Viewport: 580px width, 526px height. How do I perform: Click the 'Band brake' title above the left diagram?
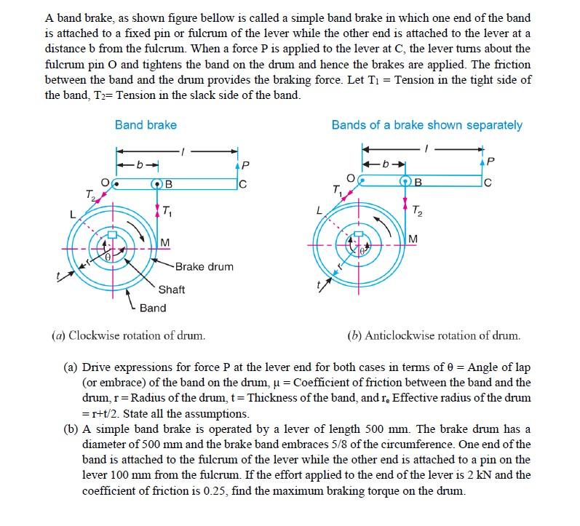(x=146, y=125)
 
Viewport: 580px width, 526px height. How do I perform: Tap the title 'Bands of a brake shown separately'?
(x=426, y=125)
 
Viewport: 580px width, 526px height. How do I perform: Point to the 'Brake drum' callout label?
(x=204, y=267)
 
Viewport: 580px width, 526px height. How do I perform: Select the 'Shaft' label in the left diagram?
(x=172, y=290)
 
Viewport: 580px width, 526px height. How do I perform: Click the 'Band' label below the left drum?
(x=153, y=308)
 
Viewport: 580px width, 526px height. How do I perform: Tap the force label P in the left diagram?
(x=245, y=164)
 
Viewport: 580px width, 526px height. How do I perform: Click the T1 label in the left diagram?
(x=167, y=212)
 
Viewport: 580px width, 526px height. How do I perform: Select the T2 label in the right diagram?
(x=416, y=212)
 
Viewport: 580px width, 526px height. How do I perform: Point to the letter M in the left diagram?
(x=165, y=242)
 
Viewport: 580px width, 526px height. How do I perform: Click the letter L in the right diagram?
(x=318, y=210)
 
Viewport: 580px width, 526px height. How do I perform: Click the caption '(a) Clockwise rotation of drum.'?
(x=128, y=335)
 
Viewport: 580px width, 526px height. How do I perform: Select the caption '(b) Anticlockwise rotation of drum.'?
(x=434, y=335)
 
